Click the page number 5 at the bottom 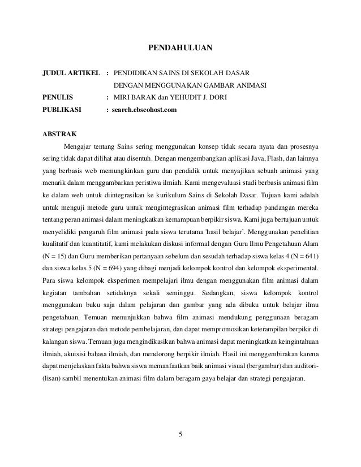point(180,434)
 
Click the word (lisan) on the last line point(55,379)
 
